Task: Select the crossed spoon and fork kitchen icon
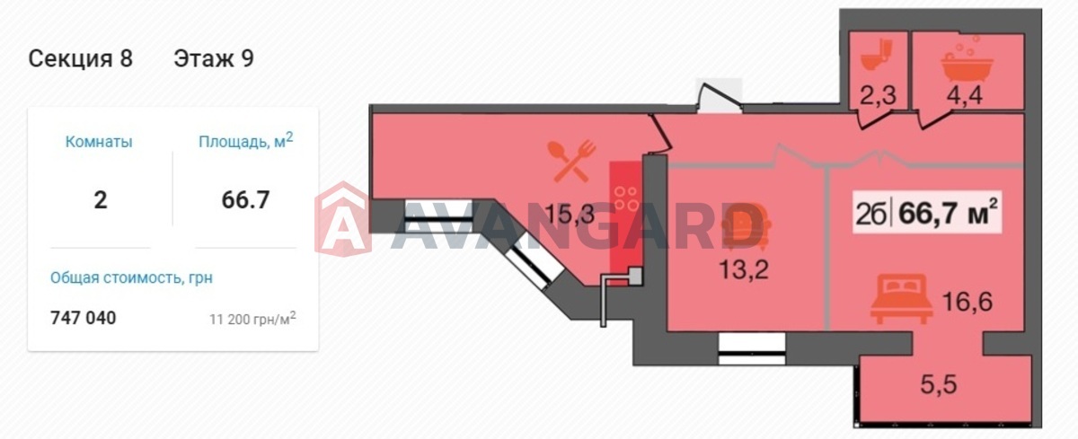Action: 572,161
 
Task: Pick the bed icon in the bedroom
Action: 901,299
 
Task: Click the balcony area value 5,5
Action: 939,384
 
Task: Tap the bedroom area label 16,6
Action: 968,302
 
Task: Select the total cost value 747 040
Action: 84,318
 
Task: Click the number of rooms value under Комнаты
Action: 100,200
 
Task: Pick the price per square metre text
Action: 252,319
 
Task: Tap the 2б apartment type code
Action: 870,214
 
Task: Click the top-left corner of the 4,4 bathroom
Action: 913,32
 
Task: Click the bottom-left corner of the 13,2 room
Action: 667,330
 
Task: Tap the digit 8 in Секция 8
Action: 126,58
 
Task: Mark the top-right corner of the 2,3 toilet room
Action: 907,32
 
